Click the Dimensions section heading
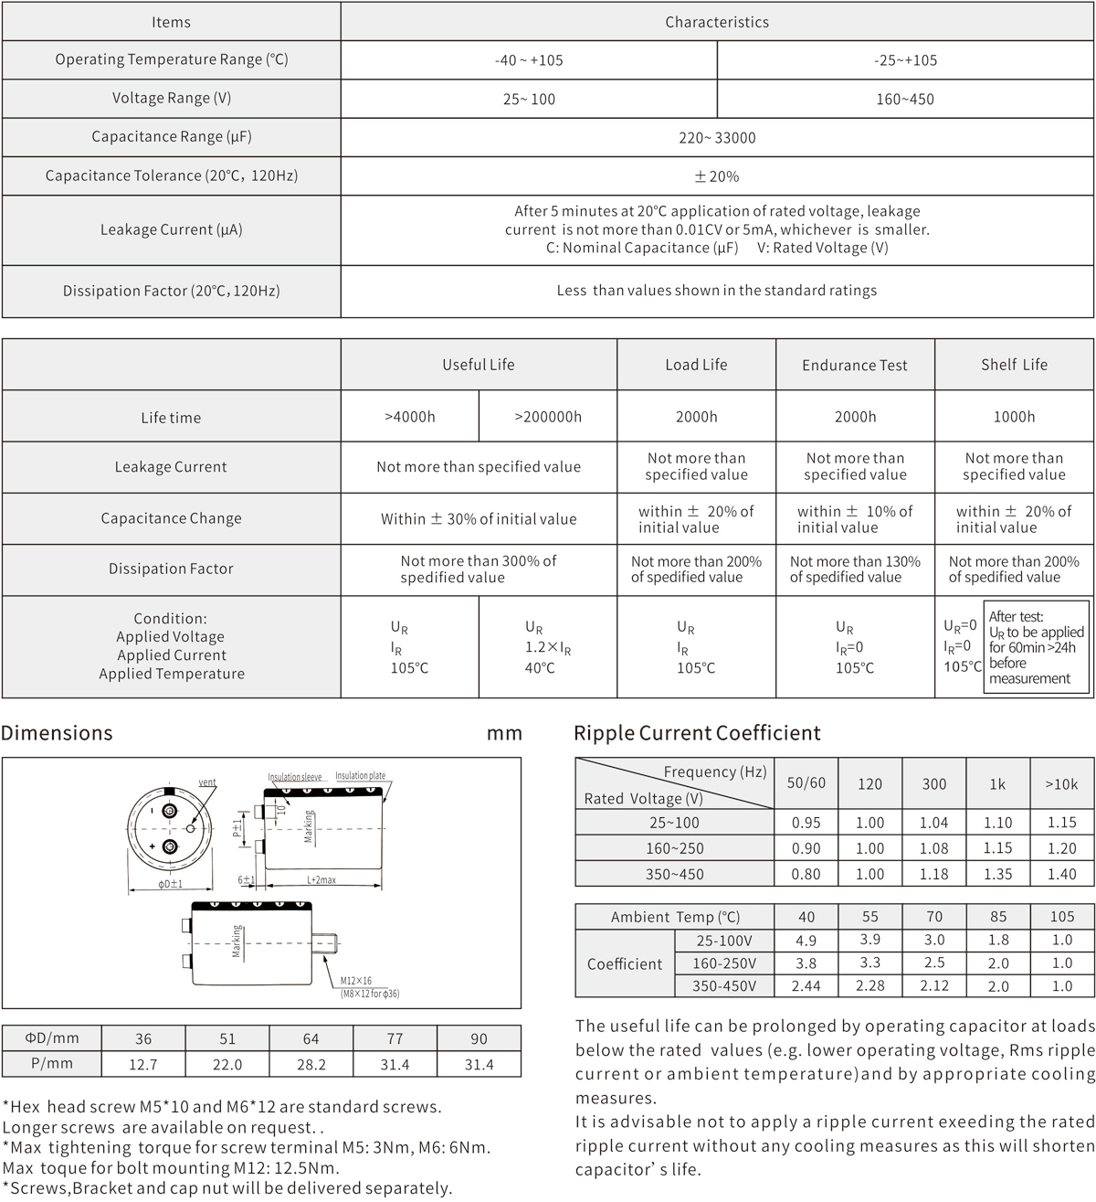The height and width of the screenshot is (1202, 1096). click(x=57, y=733)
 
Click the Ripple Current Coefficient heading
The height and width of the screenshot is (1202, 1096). click(x=697, y=733)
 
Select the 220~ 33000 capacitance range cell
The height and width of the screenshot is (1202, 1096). click(x=717, y=138)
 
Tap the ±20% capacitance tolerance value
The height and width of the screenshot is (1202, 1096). click(x=717, y=176)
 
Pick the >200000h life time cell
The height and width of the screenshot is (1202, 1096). click(x=548, y=417)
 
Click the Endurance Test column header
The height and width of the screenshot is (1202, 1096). click(x=855, y=366)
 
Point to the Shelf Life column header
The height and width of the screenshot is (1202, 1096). click(x=1014, y=365)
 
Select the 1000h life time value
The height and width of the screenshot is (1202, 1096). click(x=1014, y=417)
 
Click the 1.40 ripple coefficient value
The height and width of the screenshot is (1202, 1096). click(x=1061, y=874)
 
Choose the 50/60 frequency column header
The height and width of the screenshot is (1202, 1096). click(x=806, y=783)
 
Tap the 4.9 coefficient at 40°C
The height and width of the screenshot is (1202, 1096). click(x=806, y=941)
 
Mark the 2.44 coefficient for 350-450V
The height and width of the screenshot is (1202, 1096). click(x=806, y=986)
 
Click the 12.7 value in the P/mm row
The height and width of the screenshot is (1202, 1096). click(x=143, y=1064)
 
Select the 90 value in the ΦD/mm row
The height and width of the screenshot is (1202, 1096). click(x=479, y=1039)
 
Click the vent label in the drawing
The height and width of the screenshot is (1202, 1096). click(x=207, y=783)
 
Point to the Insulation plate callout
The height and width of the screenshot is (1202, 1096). click(x=360, y=776)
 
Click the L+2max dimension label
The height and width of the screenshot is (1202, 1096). click(x=321, y=880)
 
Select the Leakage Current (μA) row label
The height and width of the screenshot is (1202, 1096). click(x=171, y=230)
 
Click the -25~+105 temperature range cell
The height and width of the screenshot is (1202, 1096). click(x=904, y=60)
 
